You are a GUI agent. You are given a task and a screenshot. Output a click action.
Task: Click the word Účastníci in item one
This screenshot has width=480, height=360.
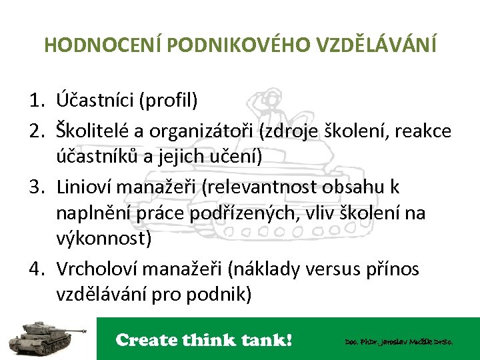click(x=94, y=101)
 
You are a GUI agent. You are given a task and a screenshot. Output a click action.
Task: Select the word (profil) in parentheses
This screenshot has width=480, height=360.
click(x=168, y=101)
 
